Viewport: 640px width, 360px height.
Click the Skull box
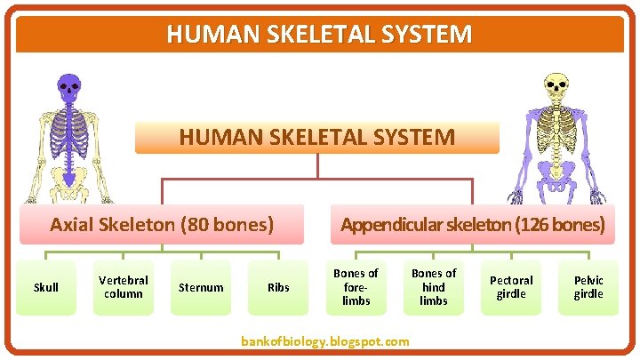tap(45, 287)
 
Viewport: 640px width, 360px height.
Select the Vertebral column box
tap(124, 287)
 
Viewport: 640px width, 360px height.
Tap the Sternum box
tap(201, 287)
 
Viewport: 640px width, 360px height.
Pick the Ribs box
tap(278, 287)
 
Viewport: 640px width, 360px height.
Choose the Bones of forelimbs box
tap(356, 287)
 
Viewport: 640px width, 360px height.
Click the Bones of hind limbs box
tap(434, 287)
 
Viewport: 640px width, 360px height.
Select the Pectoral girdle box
tap(511, 287)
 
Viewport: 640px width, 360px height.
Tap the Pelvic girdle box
tap(588, 287)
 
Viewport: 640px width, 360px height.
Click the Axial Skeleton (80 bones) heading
tap(162, 224)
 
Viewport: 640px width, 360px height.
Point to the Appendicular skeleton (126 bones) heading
tap(472, 224)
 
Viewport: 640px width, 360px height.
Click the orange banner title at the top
tap(319, 35)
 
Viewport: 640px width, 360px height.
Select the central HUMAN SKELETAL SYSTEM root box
tap(317, 138)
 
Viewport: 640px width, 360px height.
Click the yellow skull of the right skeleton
tap(556, 87)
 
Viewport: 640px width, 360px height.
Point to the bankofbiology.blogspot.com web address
tap(325, 341)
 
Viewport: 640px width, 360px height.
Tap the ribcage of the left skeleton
tap(68, 133)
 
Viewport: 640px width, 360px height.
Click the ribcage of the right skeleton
tap(558, 133)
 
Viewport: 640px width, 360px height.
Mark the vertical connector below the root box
tap(317, 166)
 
